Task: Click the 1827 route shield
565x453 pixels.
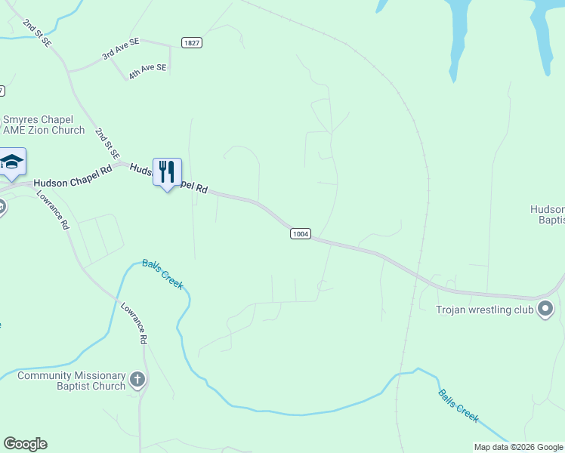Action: point(191,43)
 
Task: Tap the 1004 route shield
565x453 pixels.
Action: point(300,234)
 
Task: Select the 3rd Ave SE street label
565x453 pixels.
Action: point(122,50)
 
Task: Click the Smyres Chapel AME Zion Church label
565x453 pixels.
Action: point(43,125)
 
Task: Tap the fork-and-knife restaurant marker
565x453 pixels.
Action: point(167,173)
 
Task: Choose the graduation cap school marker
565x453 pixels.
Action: point(12,162)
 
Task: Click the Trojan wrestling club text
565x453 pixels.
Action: point(485,310)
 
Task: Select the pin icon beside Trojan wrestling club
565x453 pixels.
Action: point(546,309)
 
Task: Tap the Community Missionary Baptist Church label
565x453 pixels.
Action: point(72,381)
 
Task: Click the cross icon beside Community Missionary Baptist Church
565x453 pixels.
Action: point(137,380)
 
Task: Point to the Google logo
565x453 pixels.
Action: point(25,444)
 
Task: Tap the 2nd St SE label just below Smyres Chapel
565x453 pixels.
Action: point(107,143)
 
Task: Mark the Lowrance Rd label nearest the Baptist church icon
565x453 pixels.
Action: point(134,324)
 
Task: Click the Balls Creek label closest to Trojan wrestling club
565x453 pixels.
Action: point(458,406)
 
